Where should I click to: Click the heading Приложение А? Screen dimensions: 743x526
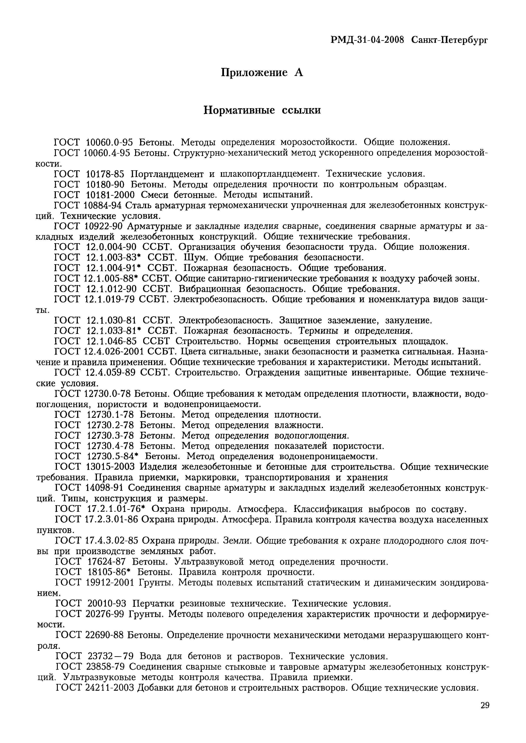262,72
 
